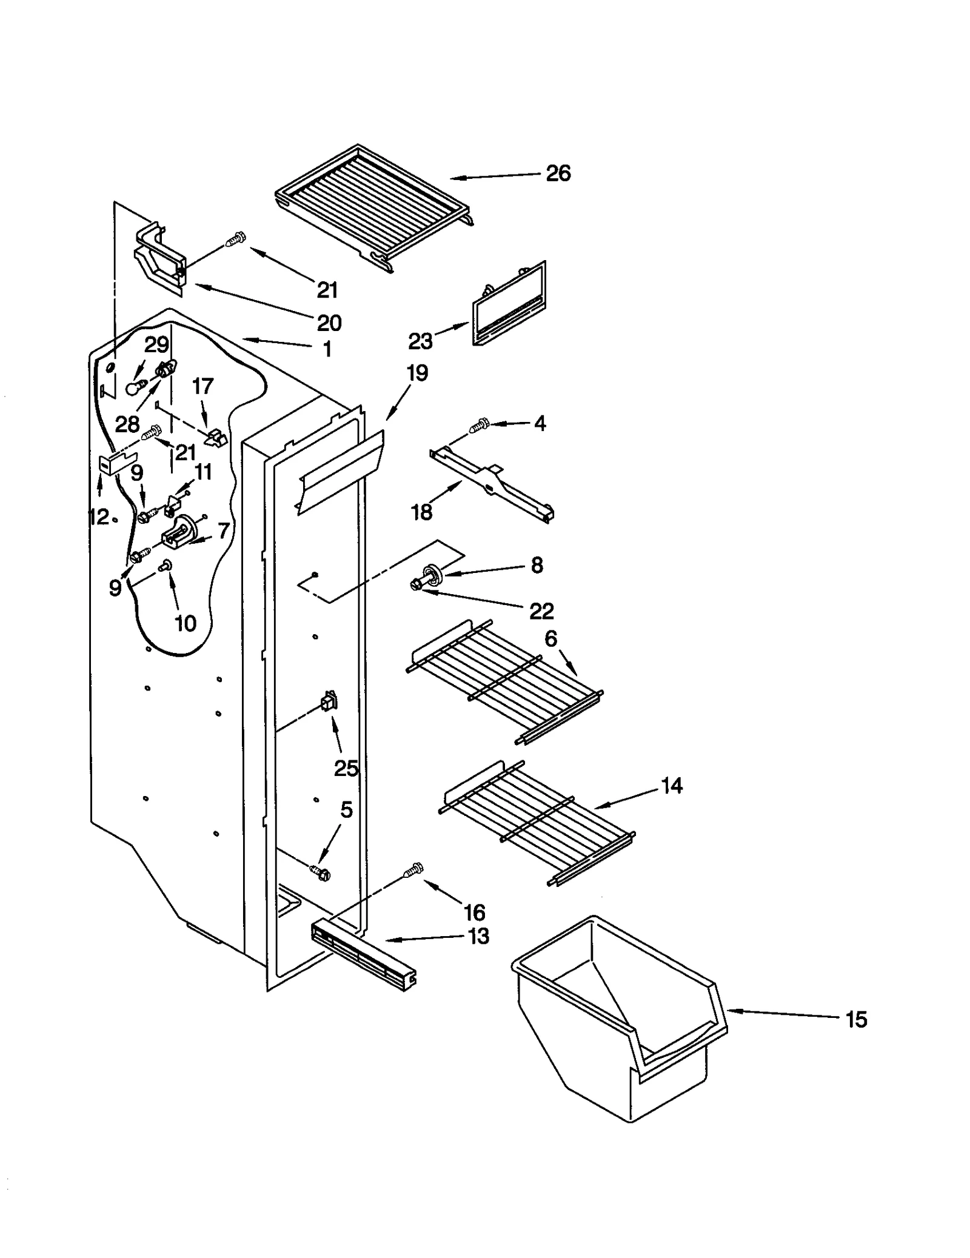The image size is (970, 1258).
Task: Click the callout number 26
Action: click(x=557, y=173)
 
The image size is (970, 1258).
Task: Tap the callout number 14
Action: click(x=671, y=786)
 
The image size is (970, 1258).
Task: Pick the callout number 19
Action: click(x=417, y=373)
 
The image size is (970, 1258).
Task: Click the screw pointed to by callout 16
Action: click(x=413, y=870)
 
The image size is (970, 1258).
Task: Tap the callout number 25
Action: click(x=346, y=769)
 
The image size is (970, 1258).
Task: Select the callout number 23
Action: click(x=420, y=341)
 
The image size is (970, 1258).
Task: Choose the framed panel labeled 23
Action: click(x=509, y=303)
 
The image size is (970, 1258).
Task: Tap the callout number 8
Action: click(x=537, y=565)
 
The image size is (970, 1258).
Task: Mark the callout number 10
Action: click(x=186, y=623)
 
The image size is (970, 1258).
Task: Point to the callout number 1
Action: click(x=327, y=349)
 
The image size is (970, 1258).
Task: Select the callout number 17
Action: click(x=202, y=386)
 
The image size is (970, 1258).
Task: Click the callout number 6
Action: click(x=550, y=638)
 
